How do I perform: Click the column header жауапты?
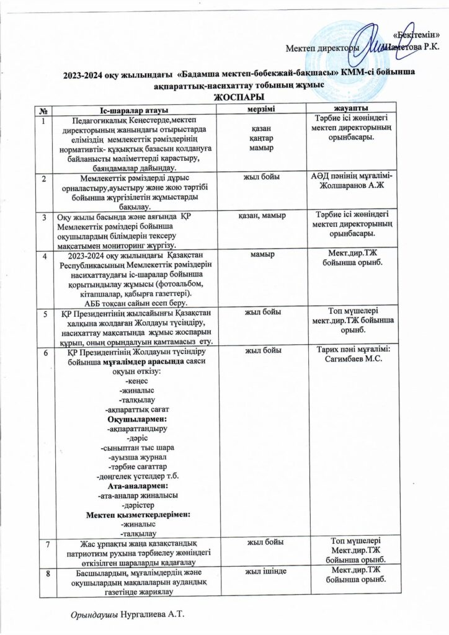[353, 109]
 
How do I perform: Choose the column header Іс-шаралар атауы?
[131, 110]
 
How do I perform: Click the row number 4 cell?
[44, 255]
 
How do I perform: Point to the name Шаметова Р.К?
[411, 47]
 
